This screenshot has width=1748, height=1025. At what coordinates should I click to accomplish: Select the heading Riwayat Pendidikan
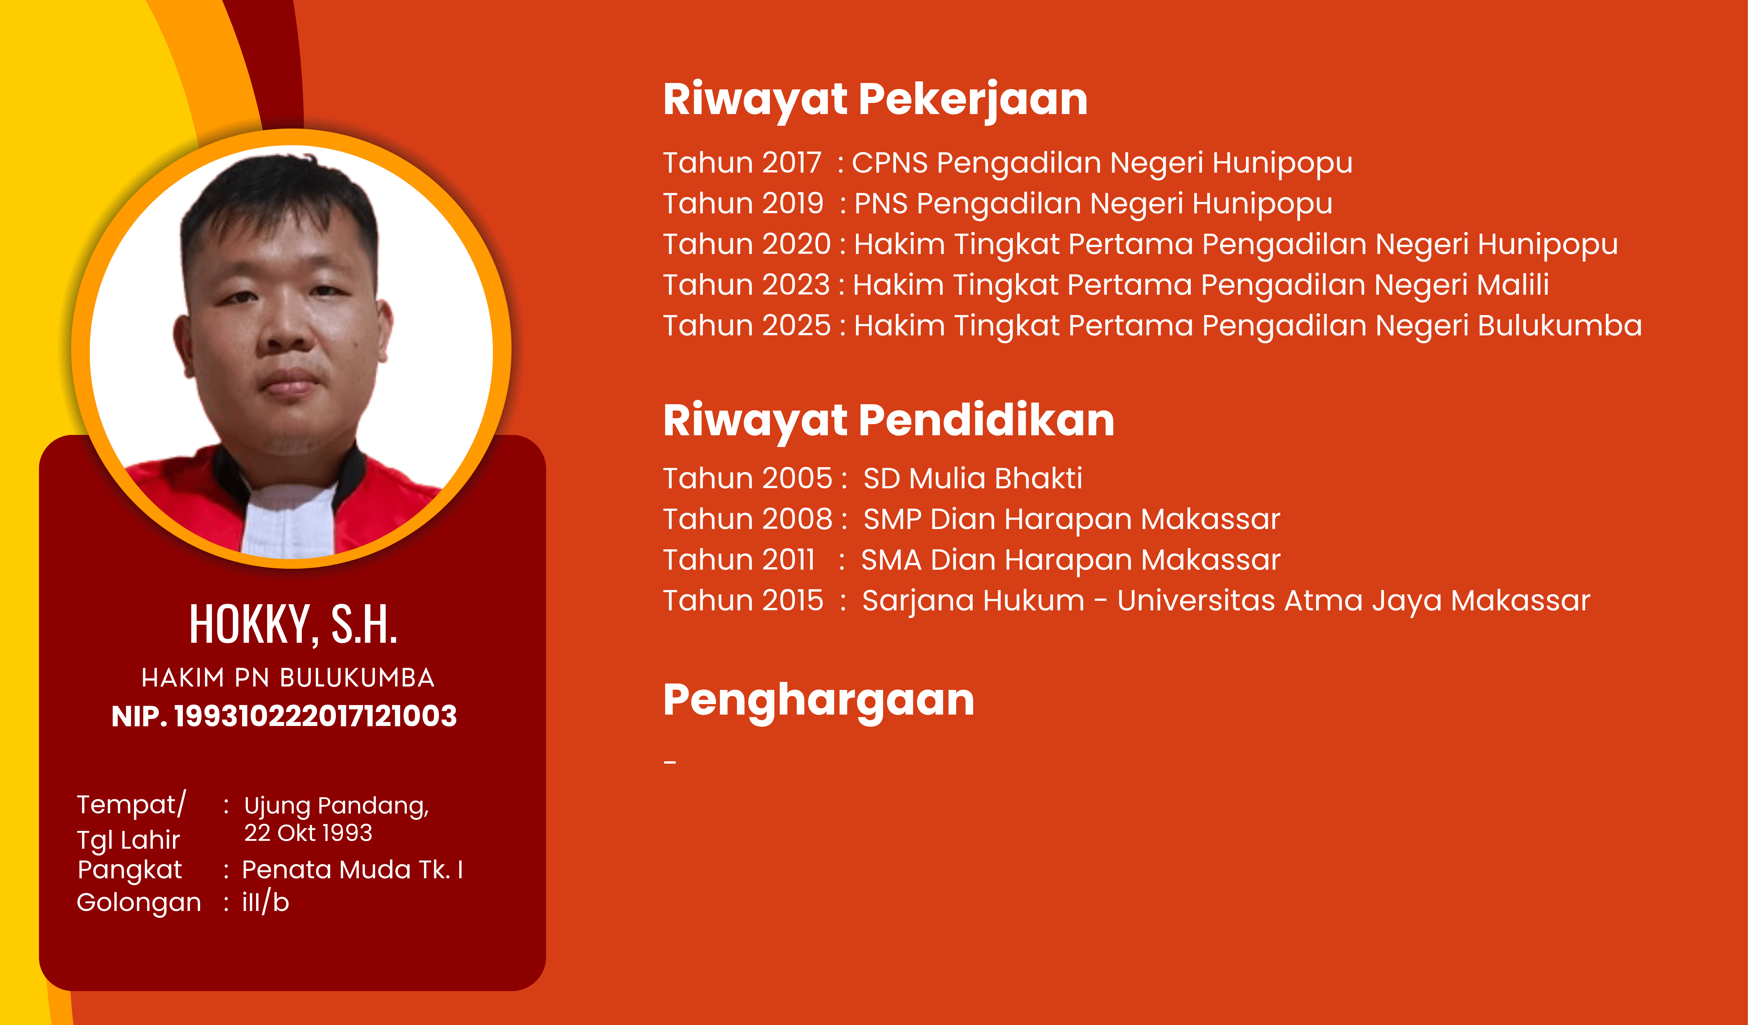tap(889, 421)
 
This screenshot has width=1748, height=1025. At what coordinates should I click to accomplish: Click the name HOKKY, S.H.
tap(294, 624)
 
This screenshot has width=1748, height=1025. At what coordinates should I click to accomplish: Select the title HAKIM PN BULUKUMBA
tap(288, 678)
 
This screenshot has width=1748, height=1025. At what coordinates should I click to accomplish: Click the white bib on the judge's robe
tap(288, 520)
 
